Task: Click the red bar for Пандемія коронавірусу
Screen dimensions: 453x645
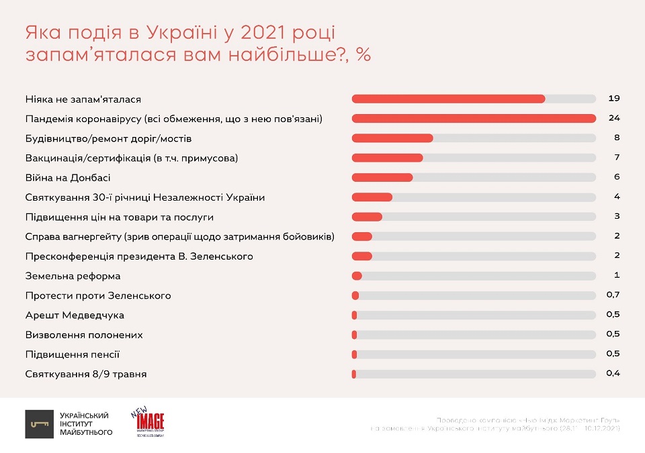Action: (474, 119)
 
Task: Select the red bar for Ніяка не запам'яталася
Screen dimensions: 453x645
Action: (448, 99)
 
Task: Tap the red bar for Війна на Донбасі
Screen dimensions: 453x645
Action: (382, 177)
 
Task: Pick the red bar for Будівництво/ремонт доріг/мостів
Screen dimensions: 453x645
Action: (392, 138)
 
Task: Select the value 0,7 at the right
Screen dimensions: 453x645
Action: (612, 295)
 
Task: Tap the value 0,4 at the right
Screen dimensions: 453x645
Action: (612, 374)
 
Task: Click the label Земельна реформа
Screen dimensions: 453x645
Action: (73, 276)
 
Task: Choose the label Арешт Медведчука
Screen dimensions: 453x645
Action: (75, 315)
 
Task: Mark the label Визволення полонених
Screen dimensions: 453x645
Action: (84, 335)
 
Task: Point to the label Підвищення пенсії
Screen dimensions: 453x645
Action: (73, 354)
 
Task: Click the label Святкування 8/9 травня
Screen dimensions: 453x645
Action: (86, 374)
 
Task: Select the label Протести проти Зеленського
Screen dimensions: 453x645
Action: (98, 295)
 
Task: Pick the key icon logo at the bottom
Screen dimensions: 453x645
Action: (39, 424)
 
